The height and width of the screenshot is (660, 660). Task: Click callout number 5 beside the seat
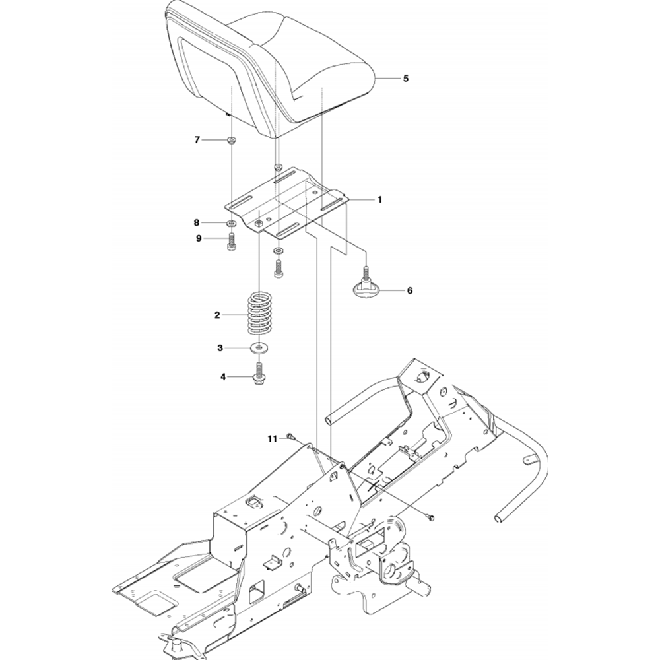click(x=406, y=78)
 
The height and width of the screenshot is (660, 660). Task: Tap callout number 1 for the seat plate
click(x=379, y=199)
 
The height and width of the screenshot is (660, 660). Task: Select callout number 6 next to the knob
click(x=409, y=290)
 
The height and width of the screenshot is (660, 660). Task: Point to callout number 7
click(x=197, y=139)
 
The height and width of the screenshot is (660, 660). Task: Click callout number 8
click(x=197, y=222)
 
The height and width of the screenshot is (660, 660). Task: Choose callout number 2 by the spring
click(x=217, y=315)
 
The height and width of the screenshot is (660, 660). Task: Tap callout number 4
click(x=222, y=377)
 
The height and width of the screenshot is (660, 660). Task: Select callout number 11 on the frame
click(x=272, y=438)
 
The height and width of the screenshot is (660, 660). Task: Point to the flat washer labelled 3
click(x=259, y=347)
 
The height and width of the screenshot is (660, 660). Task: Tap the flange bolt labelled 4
click(x=259, y=374)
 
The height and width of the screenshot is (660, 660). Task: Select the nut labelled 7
click(x=232, y=140)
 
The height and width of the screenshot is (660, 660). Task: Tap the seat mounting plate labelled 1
click(x=290, y=201)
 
